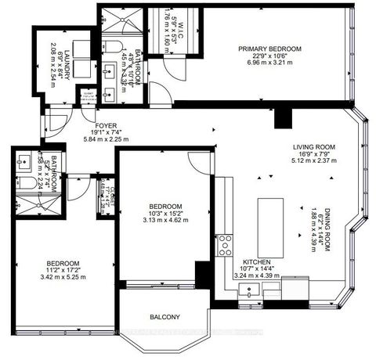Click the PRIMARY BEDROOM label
click(x=270, y=49)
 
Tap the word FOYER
click(x=106, y=125)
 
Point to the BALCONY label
click(x=165, y=317)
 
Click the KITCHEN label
click(x=257, y=261)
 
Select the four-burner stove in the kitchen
click(x=226, y=243)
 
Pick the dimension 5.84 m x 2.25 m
click(x=106, y=141)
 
